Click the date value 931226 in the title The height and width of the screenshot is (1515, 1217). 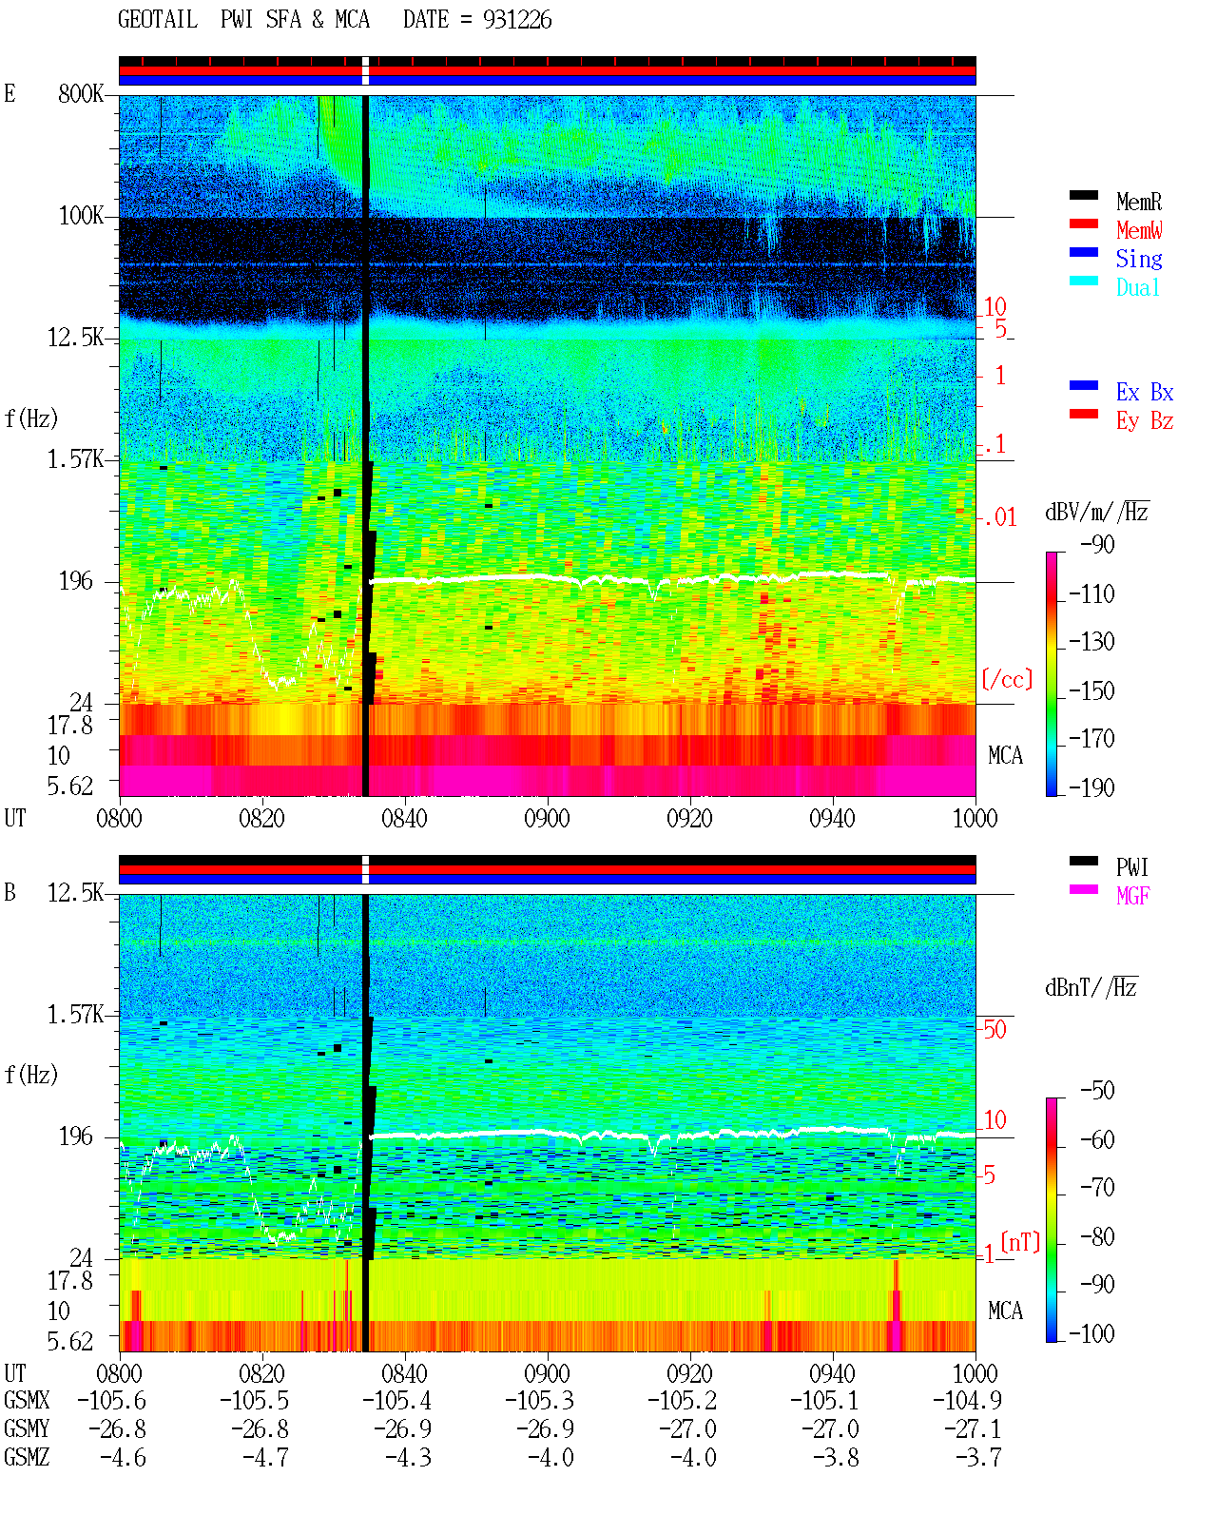click(516, 20)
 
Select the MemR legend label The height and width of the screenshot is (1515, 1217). click(1138, 202)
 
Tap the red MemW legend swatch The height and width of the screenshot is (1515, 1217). click(1083, 223)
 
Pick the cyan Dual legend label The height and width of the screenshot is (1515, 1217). click(1137, 287)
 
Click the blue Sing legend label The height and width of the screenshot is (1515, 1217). click(1138, 259)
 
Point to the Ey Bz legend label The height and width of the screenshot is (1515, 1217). click(1144, 421)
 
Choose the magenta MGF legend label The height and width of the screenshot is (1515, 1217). click(1132, 896)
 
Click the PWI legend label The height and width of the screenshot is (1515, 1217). click(1131, 867)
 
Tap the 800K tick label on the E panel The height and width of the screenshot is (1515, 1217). click(80, 94)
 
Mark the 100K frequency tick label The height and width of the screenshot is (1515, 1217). click(80, 216)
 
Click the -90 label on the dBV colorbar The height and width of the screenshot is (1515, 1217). click(1097, 545)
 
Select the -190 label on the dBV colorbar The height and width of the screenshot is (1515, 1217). click(1091, 787)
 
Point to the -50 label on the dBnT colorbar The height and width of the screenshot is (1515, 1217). click(1097, 1091)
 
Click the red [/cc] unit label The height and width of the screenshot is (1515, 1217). click(1007, 679)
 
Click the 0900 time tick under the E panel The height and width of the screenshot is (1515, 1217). click(547, 819)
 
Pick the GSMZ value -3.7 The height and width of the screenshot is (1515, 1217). click(977, 1457)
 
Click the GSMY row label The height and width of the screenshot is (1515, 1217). click(27, 1429)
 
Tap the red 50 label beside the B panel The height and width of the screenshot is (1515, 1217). click(995, 1030)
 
